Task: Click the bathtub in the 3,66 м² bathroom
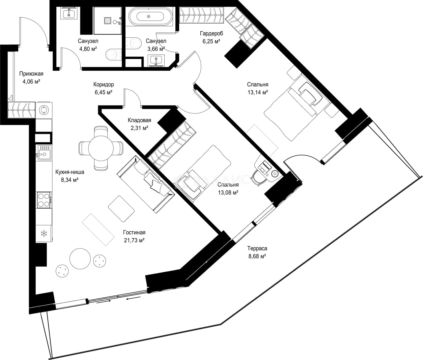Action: (x=151, y=17)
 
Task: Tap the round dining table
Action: (x=101, y=148)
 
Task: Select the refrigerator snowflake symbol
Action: (x=44, y=234)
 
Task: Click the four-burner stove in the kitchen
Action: (x=44, y=200)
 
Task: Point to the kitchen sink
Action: (x=44, y=153)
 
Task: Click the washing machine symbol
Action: (x=44, y=110)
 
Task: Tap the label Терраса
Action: (x=257, y=248)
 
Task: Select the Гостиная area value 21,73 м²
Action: (x=134, y=240)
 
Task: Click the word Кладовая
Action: (x=139, y=120)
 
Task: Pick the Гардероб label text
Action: (x=211, y=33)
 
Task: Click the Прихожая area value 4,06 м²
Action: (x=31, y=82)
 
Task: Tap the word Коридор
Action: (x=104, y=84)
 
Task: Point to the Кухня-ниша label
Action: (x=70, y=172)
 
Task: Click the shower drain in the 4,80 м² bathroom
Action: (x=108, y=21)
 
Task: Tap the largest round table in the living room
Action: (x=80, y=259)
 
